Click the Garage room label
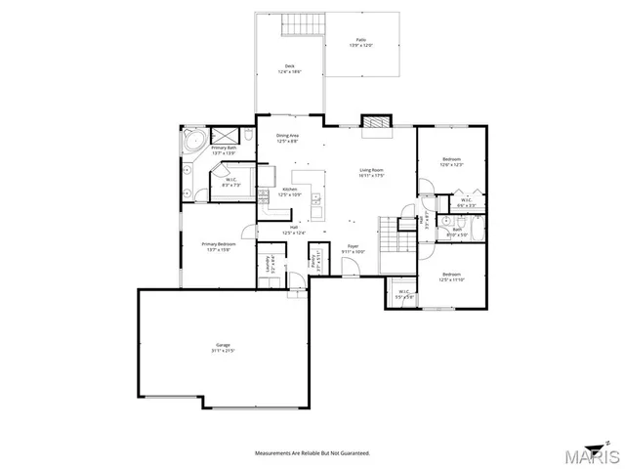(x=224, y=347)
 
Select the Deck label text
(x=289, y=68)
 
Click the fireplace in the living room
(x=374, y=123)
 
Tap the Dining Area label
(x=287, y=138)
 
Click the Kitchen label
(x=290, y=192)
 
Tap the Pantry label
(x=315, y=262)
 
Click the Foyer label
(x=353, y=249)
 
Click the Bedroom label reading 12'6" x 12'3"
(x=451, y=161)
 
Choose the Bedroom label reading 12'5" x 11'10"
(x=451, y=277)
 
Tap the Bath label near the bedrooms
(x=457, y=233)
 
